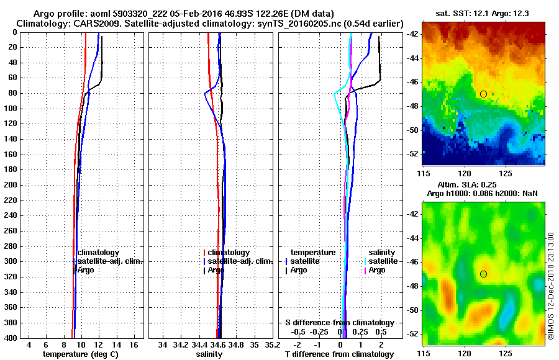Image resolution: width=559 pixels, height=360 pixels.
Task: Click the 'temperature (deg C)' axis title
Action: [x=80, y=354]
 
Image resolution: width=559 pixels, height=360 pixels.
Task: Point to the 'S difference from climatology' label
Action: [x=340, y=323]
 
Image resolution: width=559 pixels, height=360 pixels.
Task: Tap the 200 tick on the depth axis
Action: [x=12, y=185]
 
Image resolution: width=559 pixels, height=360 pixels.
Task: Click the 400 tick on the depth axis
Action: [x=12, y=338]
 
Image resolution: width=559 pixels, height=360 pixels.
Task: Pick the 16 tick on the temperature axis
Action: [x=134, y=344]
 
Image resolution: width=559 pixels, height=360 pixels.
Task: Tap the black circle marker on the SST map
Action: [x=483, y=94]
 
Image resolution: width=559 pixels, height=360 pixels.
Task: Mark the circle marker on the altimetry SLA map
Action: [x=483, y=274]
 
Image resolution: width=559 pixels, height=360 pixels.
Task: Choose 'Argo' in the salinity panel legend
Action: [x=216, y=270]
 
